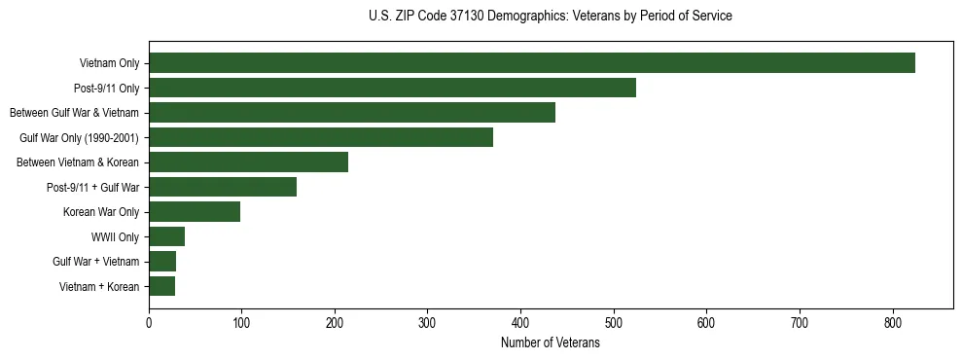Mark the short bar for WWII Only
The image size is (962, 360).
pyautogui.click(x=166, y=236)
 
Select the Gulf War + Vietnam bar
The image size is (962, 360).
pyautogui.click(x=162, y=262)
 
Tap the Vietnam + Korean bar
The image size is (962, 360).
pyautogui.click(x=161, y=286)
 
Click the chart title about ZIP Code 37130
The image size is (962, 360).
pyautogui.click(x=551, y=17)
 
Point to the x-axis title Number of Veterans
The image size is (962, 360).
pyautogui.click(x=551, y=343)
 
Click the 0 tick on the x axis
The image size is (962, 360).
pyautogui.click(x=149, y=323)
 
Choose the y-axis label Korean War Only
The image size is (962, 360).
pyautogui.click(x=101, y=212)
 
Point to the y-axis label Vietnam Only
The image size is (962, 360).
pyautogui.click(x=109, y=64)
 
